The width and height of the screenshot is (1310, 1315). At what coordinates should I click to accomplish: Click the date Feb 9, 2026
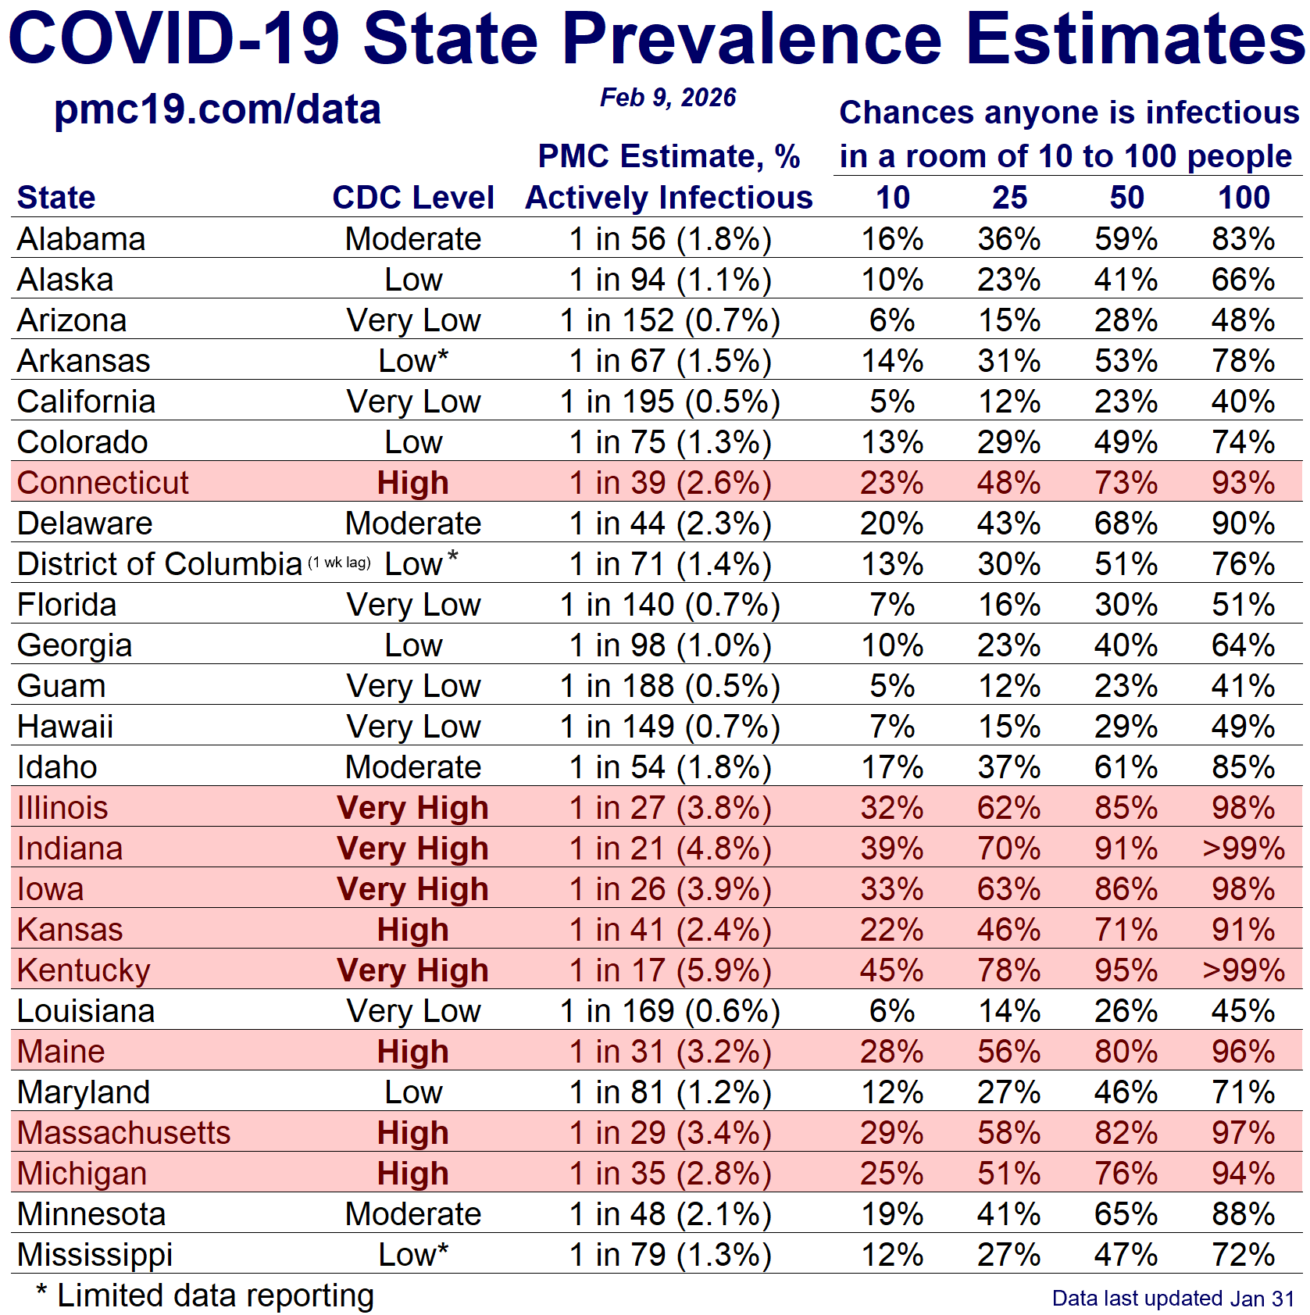pyautogui.click(x=668, y=98)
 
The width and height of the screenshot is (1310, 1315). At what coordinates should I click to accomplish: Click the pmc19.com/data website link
pyautogui.click(x=217, y=109)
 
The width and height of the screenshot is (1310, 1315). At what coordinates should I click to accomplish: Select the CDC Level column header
pyautogui.click(x=412, y=198)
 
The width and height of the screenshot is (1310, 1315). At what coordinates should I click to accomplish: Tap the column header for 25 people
pyautogui.click(x=1009, y=198)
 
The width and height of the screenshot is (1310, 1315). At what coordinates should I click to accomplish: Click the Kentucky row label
pyautogui.click(x=84, y=970)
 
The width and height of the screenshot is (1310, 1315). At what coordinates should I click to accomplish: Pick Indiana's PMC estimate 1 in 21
pyautogui.click(x=669, y=849)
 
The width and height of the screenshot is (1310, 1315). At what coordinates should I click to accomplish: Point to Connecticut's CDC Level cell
pyautogui.click(x=412, y=483)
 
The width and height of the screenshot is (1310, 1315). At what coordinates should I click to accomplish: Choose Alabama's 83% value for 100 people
pyautogui.click(x=1243, y=239)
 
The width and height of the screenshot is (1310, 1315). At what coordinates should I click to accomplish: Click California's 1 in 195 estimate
pyautogui.click(x=669, y=402)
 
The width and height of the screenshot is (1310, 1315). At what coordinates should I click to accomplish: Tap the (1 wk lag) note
pyautogui.click(x=339, y=563)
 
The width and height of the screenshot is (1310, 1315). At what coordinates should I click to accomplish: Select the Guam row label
pyautogui.click(x=61, y=686)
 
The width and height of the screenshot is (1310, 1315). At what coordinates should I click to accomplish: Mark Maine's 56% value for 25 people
pyautogui.click(x=1008, y=1052)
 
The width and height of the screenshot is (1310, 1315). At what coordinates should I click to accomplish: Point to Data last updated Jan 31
pyautogui.click(x=1173, y=1299)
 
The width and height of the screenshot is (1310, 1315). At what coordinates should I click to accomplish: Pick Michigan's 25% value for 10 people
pyautogui.click(x=891, y=1174)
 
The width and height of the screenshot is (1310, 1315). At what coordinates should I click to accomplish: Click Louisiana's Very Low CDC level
pyautogui.click(x=412, y=1011)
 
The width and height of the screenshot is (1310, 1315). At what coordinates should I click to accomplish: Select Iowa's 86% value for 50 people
pyautogui.click(x=1126, y=889)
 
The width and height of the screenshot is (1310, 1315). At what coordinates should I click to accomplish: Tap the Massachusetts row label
pyautogui.click(x=123, y=1133)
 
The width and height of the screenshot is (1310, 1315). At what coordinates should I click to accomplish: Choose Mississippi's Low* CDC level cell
pyautogui.click(x=412, y=1255)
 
